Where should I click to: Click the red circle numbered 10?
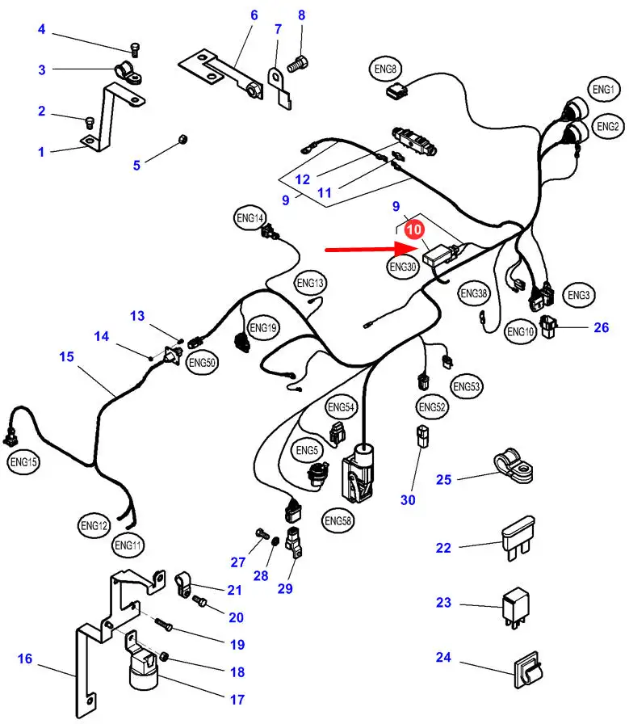point(413,230)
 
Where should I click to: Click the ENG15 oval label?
point(23,462)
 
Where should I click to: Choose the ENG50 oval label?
point(203,363)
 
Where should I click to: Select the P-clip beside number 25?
point(513,465)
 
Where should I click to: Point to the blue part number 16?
point(25,659)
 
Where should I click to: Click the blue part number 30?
point(408,500)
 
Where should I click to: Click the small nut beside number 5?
point(182,141)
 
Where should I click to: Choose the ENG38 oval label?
point(474,293)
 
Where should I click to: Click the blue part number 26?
point(601,326)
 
